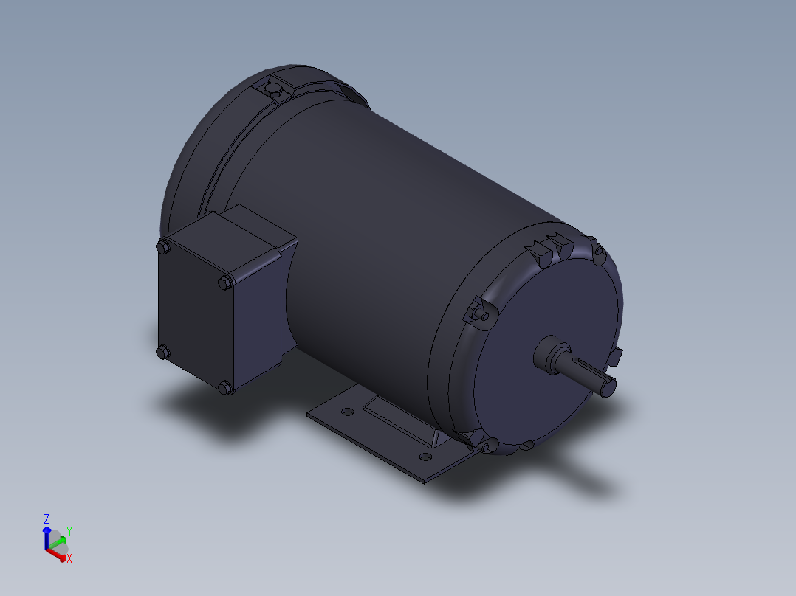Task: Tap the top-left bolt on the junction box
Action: (x=162, y=247)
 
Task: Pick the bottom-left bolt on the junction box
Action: (x=162, y=353)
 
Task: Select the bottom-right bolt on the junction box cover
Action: (x=225, y=387)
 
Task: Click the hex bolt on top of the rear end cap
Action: (x=274, y=90)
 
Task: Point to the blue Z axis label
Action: (x=47, y=519)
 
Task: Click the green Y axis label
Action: (x=69, y=531)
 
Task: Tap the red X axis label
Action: (x=69, y=559)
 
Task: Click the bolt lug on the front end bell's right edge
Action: (x=616, y=357)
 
